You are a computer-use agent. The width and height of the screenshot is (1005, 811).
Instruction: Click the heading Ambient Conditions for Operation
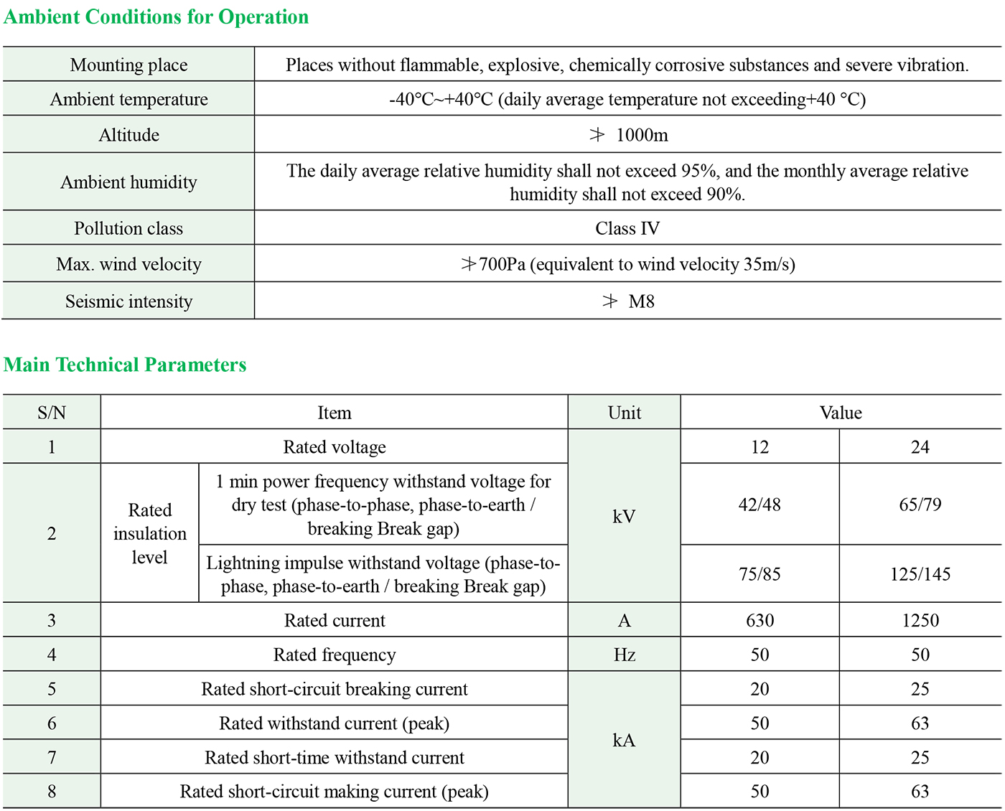[x=156, y=17]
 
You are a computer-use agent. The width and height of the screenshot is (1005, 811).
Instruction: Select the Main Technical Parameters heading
[x=125, y=365]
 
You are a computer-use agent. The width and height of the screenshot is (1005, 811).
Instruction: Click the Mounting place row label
[x=128, y=65]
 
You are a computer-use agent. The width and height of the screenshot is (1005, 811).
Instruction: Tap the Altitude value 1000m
[x=641, y=135]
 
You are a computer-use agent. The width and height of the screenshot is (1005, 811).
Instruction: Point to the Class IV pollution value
[x=627, y=228]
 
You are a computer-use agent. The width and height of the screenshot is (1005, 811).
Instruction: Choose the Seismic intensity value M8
[x=640, y=301]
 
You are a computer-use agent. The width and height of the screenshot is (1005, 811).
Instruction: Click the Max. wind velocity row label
[x=128, y=264]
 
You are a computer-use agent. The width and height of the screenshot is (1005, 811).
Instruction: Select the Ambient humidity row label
[x=128, y=182]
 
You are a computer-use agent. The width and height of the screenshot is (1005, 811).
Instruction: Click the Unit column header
[x=624, y=413]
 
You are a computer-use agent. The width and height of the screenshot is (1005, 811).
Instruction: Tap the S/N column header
[x=52, y=413]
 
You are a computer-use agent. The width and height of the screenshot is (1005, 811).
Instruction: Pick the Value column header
[x=841, y=413]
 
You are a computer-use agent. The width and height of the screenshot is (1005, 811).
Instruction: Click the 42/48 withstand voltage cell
[x=759, y=505]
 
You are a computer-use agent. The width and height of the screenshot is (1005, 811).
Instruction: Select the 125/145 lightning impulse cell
[x=920, y=574]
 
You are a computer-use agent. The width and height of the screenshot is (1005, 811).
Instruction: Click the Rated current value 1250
[x=920, y=621]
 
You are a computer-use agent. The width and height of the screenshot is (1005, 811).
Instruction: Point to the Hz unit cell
[x=624, y=655]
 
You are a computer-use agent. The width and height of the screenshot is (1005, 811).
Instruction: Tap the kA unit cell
[x=624, y=740]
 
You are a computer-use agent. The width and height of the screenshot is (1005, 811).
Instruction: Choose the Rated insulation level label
[x=149, y=533]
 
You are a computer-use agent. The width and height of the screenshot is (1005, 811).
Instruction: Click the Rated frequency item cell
[x=335, y=655]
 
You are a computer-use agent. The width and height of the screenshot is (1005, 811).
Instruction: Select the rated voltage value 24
[x=920, y=447]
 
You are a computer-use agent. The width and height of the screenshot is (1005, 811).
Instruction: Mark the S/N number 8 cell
[x=52, y=792]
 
